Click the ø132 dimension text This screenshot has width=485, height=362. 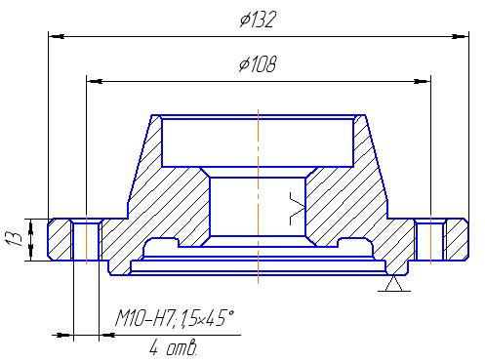click(x=258, y=20)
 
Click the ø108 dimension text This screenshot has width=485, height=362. click(x=258, y=63)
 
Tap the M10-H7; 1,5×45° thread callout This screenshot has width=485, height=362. click(x=175, y=318)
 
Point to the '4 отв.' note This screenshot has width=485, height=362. click(x=173, y=347)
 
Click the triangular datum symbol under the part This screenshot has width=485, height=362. click(x=394, y=283)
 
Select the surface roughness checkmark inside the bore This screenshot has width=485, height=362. click(x=297, y=209)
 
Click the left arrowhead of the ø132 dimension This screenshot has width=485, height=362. click(x=56, y=36)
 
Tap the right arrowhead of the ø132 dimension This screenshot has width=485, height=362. click(x=461, y=36)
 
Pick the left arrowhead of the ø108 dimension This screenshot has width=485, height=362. click(x=95, y=81)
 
